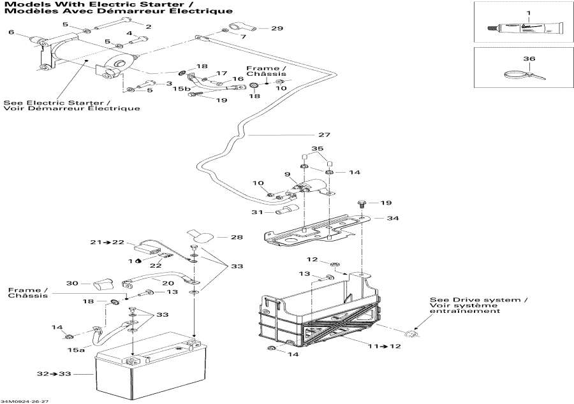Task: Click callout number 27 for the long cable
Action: (324, 134)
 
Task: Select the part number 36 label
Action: (528, 59)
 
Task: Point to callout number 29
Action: (276, 29)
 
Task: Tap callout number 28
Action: (237, 237)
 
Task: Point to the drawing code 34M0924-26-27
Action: (26, 401)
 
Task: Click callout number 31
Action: (257, 212)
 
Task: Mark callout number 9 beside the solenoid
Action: (288, 175)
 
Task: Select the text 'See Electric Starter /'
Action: (56, 102)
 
